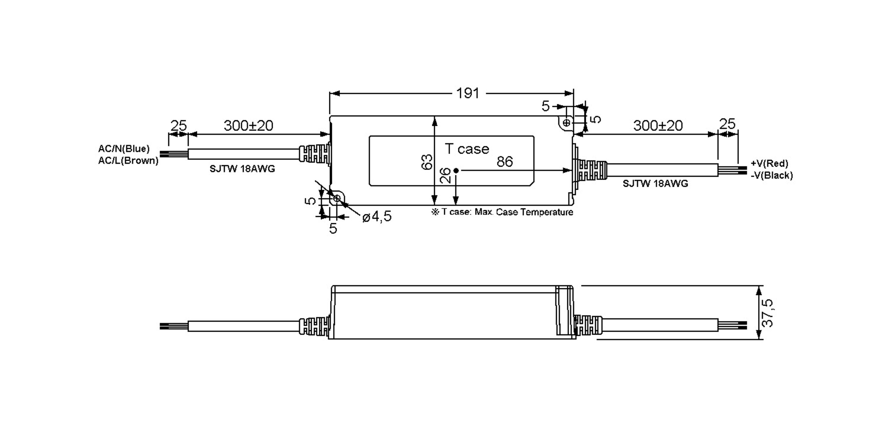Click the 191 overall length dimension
click(x=468, y=93)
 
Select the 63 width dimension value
click(x=427, y=162)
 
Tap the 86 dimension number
click(x=505, y=162)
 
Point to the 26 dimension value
click(x=445, y=175)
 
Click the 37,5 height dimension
click(x=767, y=313)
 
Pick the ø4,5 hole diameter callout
click(x=377, y=216)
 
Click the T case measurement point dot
click(x=456, y=171)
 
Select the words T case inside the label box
click(x=467, y=149)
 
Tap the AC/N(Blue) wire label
click(x=124, y=149)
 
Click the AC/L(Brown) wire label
click(x=128, y=161)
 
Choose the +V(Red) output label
click(x=769, y=163)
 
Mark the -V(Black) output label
click(x=772, y=175)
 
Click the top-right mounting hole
click(x=566, y=122)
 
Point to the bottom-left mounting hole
click(x=336, y=199)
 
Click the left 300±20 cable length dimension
click(x=248, y=126)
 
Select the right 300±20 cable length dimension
click(x=658, y=126)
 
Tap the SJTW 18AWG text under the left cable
click(x=242, y=169)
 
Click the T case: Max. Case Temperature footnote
click(x=502, y=212)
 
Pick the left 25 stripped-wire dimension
click(x=178, y=126)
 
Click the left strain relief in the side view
click(x=314, y=326)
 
